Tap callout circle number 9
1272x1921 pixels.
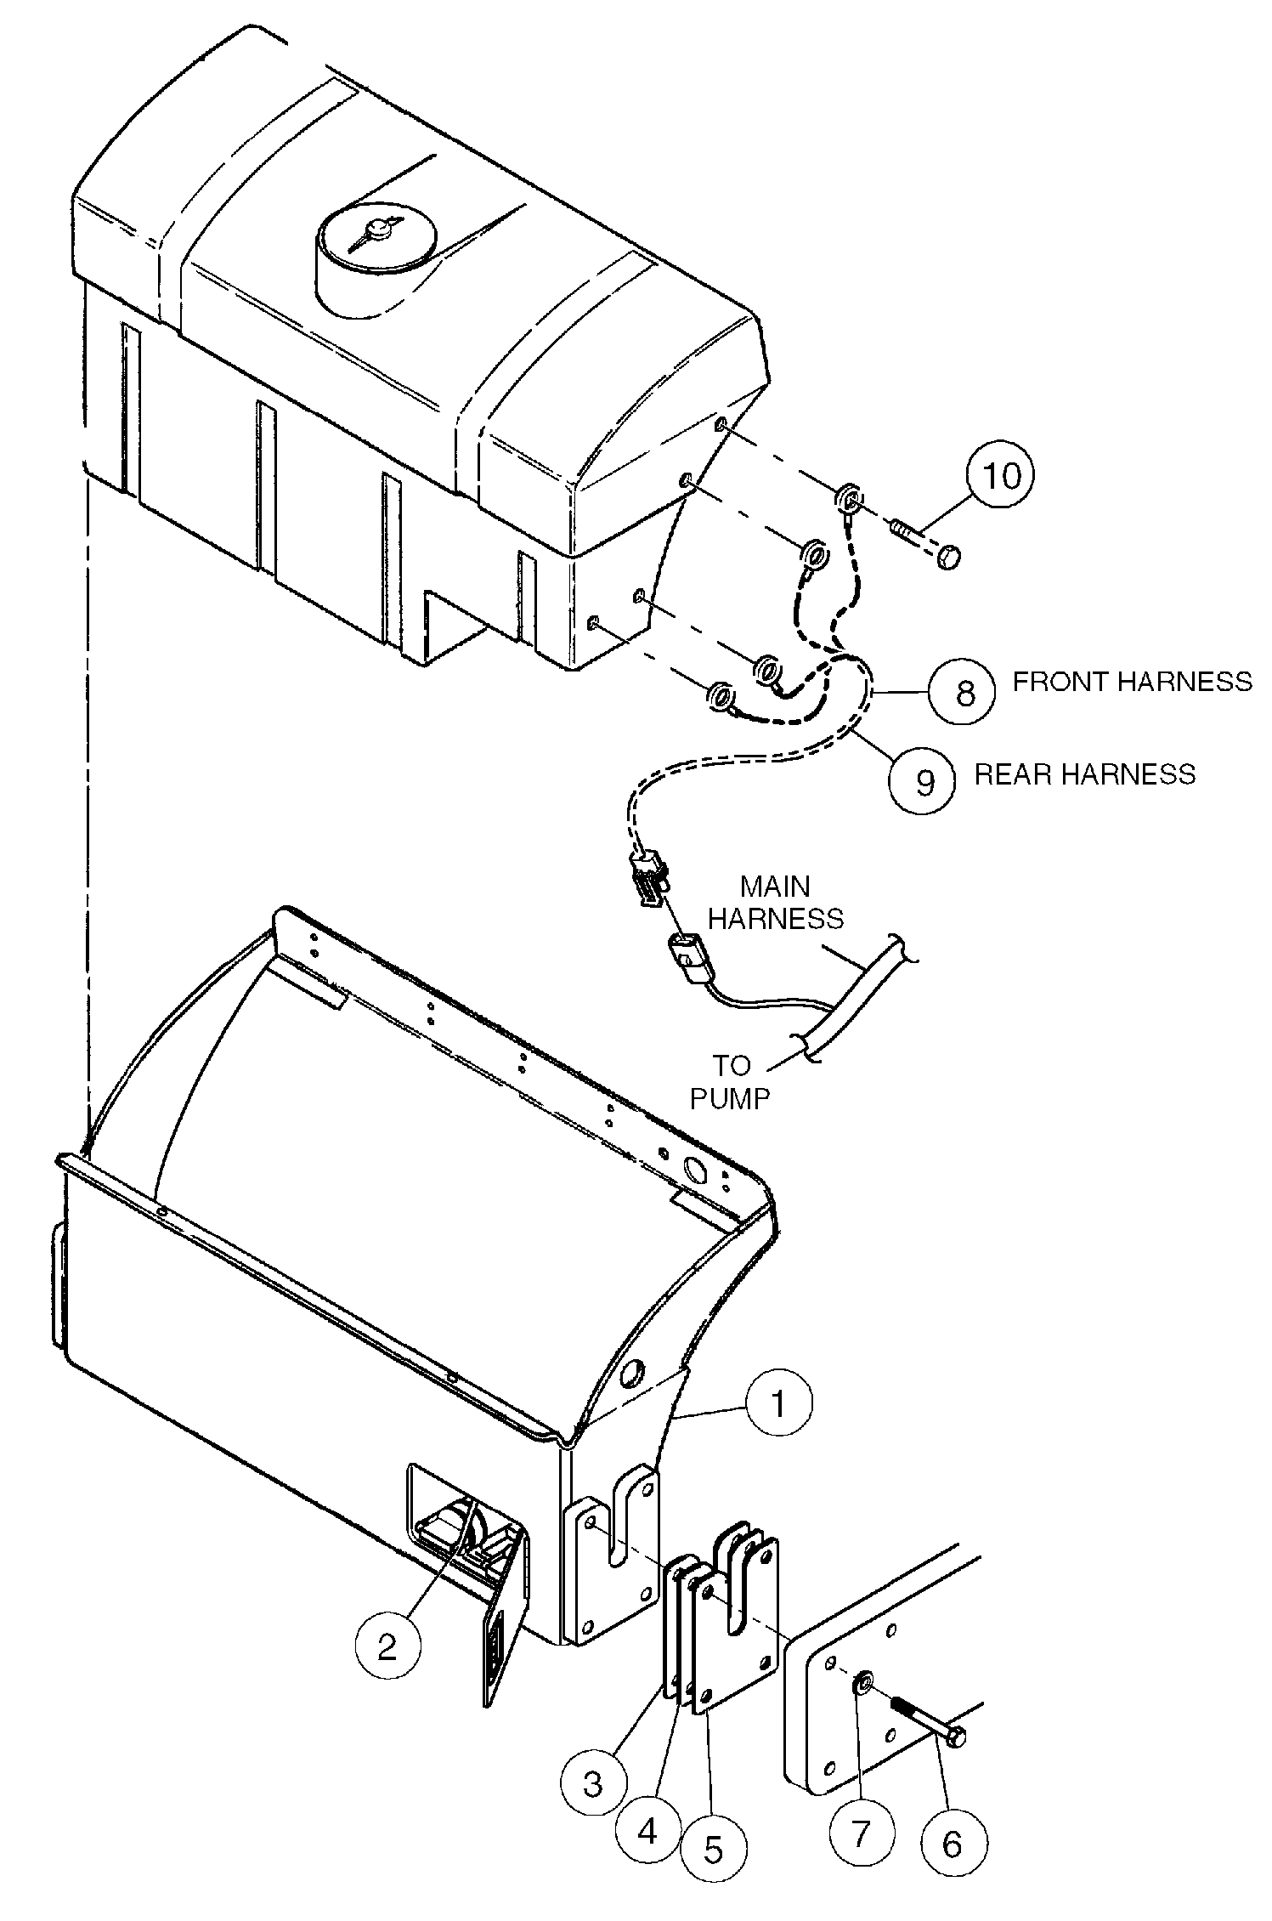(x=922, y=781)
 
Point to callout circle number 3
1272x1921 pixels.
(x=592, y=1782)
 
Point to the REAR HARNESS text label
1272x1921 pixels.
(x=1084, y=774)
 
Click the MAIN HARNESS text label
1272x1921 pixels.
(x=776, y=903)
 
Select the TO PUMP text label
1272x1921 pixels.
(x=729, y=1081)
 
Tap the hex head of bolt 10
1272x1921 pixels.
(x=949, y=558)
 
